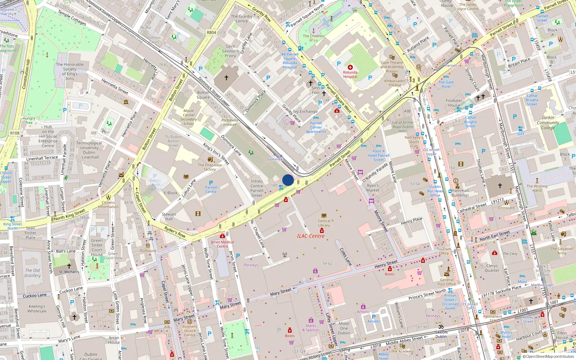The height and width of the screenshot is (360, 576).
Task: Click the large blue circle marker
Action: click(288, 180)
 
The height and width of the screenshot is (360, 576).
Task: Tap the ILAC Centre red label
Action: click(310, 236)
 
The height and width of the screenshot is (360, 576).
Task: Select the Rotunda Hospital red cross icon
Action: click(350, 67)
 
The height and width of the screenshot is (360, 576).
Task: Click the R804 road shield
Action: click(211, 32)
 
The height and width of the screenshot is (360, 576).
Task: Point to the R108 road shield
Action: click(15, 133)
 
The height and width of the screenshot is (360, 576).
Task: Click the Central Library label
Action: click(324, 223)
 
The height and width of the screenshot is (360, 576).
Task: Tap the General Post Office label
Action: click(447, 282)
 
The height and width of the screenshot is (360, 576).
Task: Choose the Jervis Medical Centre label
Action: click(222, 244)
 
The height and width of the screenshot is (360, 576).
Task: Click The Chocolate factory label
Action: click(210, 167)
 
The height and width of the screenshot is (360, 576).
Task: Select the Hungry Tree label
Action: click(29, 120)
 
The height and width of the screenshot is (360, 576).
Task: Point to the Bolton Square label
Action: click(203, 95)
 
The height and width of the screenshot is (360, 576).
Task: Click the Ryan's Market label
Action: click(373, 188)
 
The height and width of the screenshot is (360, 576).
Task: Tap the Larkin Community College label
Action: click(548, 122)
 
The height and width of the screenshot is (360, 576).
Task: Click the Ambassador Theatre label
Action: click(395, 83)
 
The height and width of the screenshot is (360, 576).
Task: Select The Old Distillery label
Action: click(32, 273)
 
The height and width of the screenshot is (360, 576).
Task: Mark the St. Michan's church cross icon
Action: click(69, 266)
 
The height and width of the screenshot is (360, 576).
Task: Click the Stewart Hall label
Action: click(169, 216)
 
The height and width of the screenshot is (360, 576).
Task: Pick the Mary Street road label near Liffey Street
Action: click(281, 292)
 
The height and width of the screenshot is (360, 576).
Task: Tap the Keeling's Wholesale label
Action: click(37, 309)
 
